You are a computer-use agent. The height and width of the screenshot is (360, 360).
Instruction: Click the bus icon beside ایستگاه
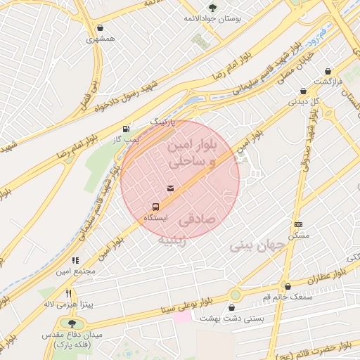click(x=155, y=207)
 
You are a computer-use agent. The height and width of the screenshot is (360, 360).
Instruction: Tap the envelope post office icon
click(x=170, y=188)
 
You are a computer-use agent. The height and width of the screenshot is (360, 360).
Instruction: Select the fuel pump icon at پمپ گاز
click(x=126, y=129)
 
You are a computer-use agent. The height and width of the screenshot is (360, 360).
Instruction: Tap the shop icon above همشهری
click(x=101, y=28)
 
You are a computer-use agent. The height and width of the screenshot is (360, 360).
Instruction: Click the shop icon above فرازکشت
click(x=328, y=71)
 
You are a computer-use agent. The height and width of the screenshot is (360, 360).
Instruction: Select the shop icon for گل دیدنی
click(x=303, y=91)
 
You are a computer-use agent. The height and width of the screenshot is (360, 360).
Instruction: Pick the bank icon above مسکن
click(x=298, y=224)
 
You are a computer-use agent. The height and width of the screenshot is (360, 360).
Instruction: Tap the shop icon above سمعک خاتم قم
click(x=288, y=286)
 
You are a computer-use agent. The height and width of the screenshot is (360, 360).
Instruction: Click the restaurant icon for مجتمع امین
click(x=75, y=260)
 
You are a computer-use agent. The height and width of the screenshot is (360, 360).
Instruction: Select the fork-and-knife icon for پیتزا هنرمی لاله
click(x=68, y=293)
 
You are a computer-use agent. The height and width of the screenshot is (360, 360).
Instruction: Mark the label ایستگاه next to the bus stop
click(x=155, y=219)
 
